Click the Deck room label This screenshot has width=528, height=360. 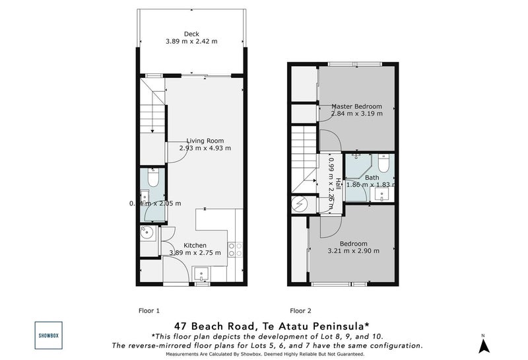coord(191,34)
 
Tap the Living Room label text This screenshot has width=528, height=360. coord(205,140)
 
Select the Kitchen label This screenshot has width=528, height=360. coord(199,245)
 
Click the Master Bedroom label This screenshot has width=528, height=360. coord(356,106)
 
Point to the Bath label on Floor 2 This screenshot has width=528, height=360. coord(372,177)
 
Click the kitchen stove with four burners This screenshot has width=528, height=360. coord(235,248)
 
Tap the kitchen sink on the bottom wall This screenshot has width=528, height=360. coord(201,273)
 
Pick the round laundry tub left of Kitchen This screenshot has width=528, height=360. coord(147,233)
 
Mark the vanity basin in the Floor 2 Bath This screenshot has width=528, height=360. coord(382,195)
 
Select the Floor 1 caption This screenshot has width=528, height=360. coord(148,310)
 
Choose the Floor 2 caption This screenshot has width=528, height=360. coord(300,310)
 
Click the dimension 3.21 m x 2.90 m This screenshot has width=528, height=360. coord(350,251)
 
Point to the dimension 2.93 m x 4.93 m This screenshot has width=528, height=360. coord(205,149)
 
